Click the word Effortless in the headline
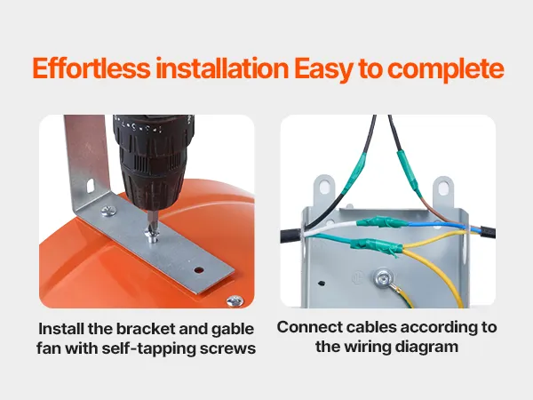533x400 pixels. click(x=91, y=69)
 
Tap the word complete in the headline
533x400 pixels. click(x=445, y=69)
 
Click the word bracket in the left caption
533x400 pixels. click(x=146, y=329)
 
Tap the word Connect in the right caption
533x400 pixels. click(x=310, y=327)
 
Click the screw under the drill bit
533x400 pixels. click(x=151, y=235)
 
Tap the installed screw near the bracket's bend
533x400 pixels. click(x=108, y=211)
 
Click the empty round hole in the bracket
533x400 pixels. click(x=199, y=270)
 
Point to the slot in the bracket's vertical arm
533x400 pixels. click(x=91, y=186)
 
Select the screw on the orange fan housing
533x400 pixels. click(x=235, y=300)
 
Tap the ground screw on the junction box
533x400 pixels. click(x=383, y=277)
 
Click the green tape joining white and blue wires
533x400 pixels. click(x=382, y=222)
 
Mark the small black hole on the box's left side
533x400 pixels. click(x=321, y=283)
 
